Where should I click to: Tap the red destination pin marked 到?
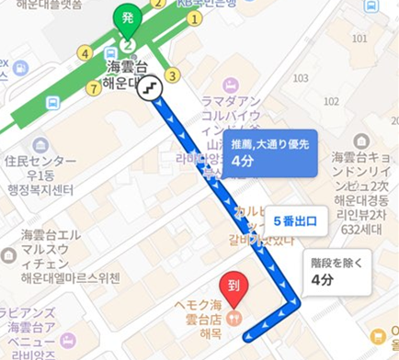click(233, 286)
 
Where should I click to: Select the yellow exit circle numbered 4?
click(85, 53)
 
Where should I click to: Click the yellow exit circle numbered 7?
click(92, 88)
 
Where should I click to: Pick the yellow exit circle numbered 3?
click(171, 74)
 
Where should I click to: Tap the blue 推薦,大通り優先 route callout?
click(271, 152)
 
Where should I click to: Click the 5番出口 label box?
click(295, 220)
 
